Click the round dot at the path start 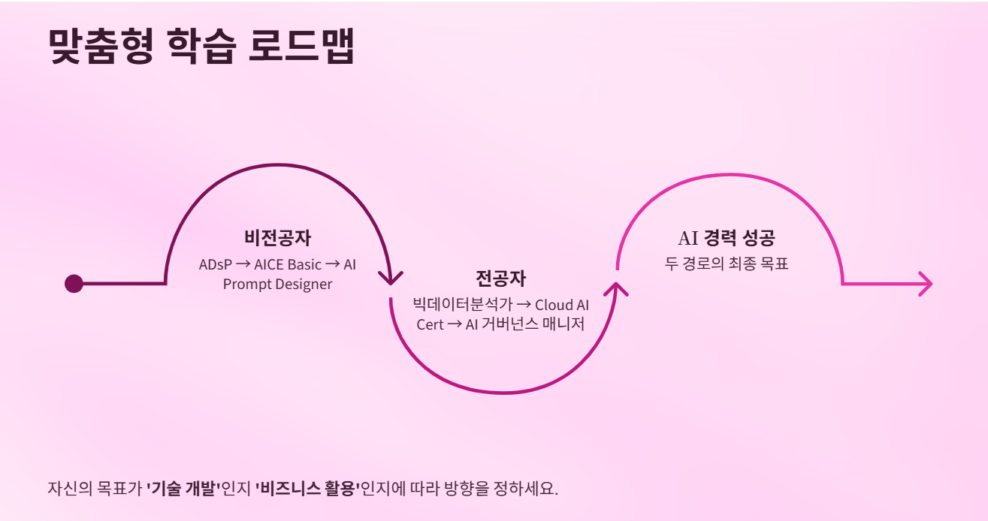(x=74, y=284)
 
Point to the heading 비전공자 (x=277, y=238)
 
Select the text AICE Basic (x=288, y=265)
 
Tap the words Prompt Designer (x=277, y=285)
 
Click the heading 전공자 (x=500, y=279)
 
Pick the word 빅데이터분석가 (x=462, y=306)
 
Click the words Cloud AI (x=562, y=306)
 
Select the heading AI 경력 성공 (x=726, y=238)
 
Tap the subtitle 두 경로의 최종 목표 (x=726, y=264)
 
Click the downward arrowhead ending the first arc (x=391, y=277)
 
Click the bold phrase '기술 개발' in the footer (x=183, y=488)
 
